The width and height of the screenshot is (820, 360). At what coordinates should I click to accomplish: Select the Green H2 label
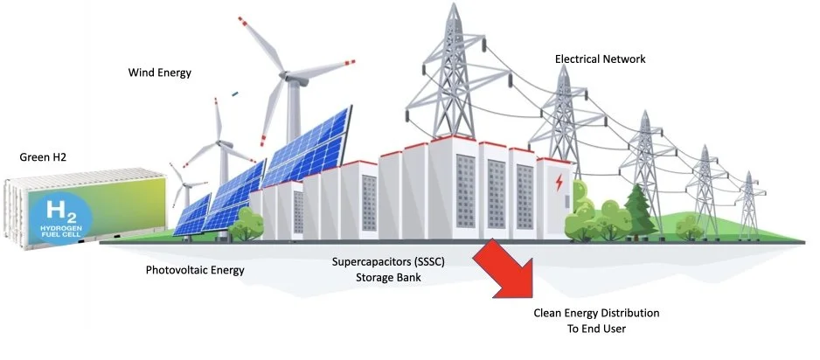(x=43, y=157)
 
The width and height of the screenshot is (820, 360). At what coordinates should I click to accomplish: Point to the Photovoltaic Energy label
(x=195, y=270)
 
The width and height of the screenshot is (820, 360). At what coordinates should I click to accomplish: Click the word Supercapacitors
(x=364, y=262)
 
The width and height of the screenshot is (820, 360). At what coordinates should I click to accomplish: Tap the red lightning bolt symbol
(x=558, y=184)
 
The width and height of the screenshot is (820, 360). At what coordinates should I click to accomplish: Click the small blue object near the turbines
(x=235, y=91)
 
